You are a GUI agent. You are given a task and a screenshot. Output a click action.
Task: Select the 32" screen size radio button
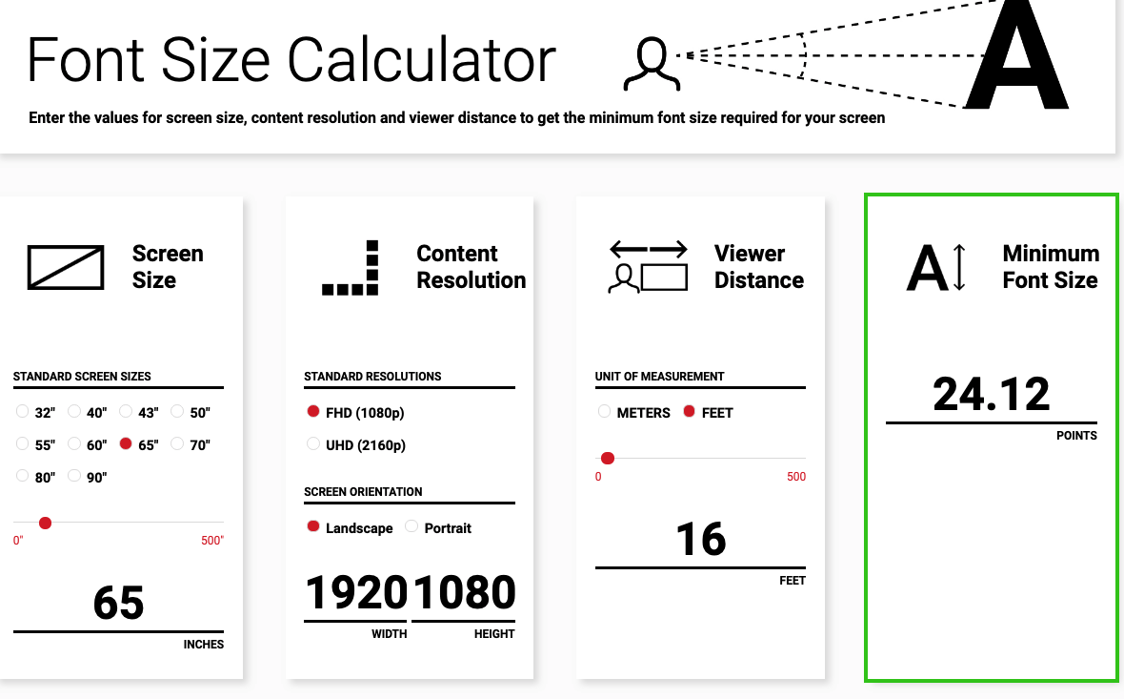pos(23,412)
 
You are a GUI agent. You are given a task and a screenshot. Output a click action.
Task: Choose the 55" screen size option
pos(23,444)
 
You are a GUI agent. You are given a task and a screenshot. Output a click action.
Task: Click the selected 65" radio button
pos(126,444)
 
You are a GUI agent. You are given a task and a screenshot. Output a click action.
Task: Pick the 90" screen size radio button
pos(74,477)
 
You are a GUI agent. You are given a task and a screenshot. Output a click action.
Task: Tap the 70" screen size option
pos(177,444)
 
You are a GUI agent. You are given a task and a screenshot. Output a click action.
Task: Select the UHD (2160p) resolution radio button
pos(313,444)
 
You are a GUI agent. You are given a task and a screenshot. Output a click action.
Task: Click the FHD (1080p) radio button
pos(313,412)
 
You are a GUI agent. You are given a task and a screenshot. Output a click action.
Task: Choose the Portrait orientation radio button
pos(411,526)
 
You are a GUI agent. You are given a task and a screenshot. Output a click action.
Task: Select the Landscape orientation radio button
pos(313,526)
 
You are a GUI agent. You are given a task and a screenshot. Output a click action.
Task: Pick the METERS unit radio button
pos(604,412)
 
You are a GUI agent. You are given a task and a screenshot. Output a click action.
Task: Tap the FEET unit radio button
pos(690,412)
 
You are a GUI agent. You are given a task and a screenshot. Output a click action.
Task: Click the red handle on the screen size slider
pos(45,523)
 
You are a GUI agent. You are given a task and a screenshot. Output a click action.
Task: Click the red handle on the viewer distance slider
pos(608,459)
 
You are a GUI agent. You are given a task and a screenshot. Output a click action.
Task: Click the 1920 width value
pos(356,593)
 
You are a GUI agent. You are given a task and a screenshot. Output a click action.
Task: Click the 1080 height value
pos(464,593)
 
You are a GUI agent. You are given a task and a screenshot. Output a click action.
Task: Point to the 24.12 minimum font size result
pos(991,395)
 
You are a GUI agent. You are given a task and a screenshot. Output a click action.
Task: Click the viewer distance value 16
pos(700,540)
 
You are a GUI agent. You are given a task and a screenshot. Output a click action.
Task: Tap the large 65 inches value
pos(118,604)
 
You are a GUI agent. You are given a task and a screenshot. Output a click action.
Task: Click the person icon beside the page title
pos(652,63)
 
